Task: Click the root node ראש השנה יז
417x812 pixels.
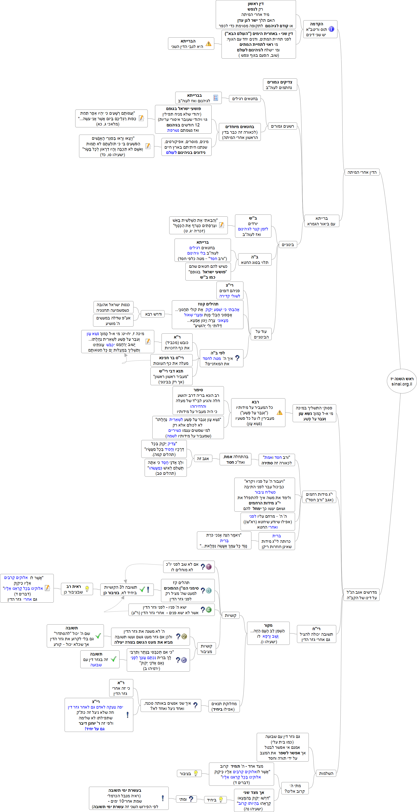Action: [402, 381]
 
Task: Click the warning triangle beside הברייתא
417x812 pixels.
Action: [208, 43]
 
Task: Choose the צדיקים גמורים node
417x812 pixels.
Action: [280, 85]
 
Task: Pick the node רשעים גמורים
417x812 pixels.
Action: [282, 126]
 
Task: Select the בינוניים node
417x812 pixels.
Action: [288, 245]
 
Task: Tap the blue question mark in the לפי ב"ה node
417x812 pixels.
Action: [237, 358]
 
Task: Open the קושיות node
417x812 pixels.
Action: [230, 615]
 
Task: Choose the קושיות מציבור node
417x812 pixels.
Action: [206, 649]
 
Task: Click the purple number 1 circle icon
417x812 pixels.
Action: [208, 566]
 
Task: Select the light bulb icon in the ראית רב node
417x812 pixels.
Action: [87, 589]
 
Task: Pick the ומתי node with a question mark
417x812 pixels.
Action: [186, 799]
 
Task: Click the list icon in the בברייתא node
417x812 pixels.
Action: [216, 98]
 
